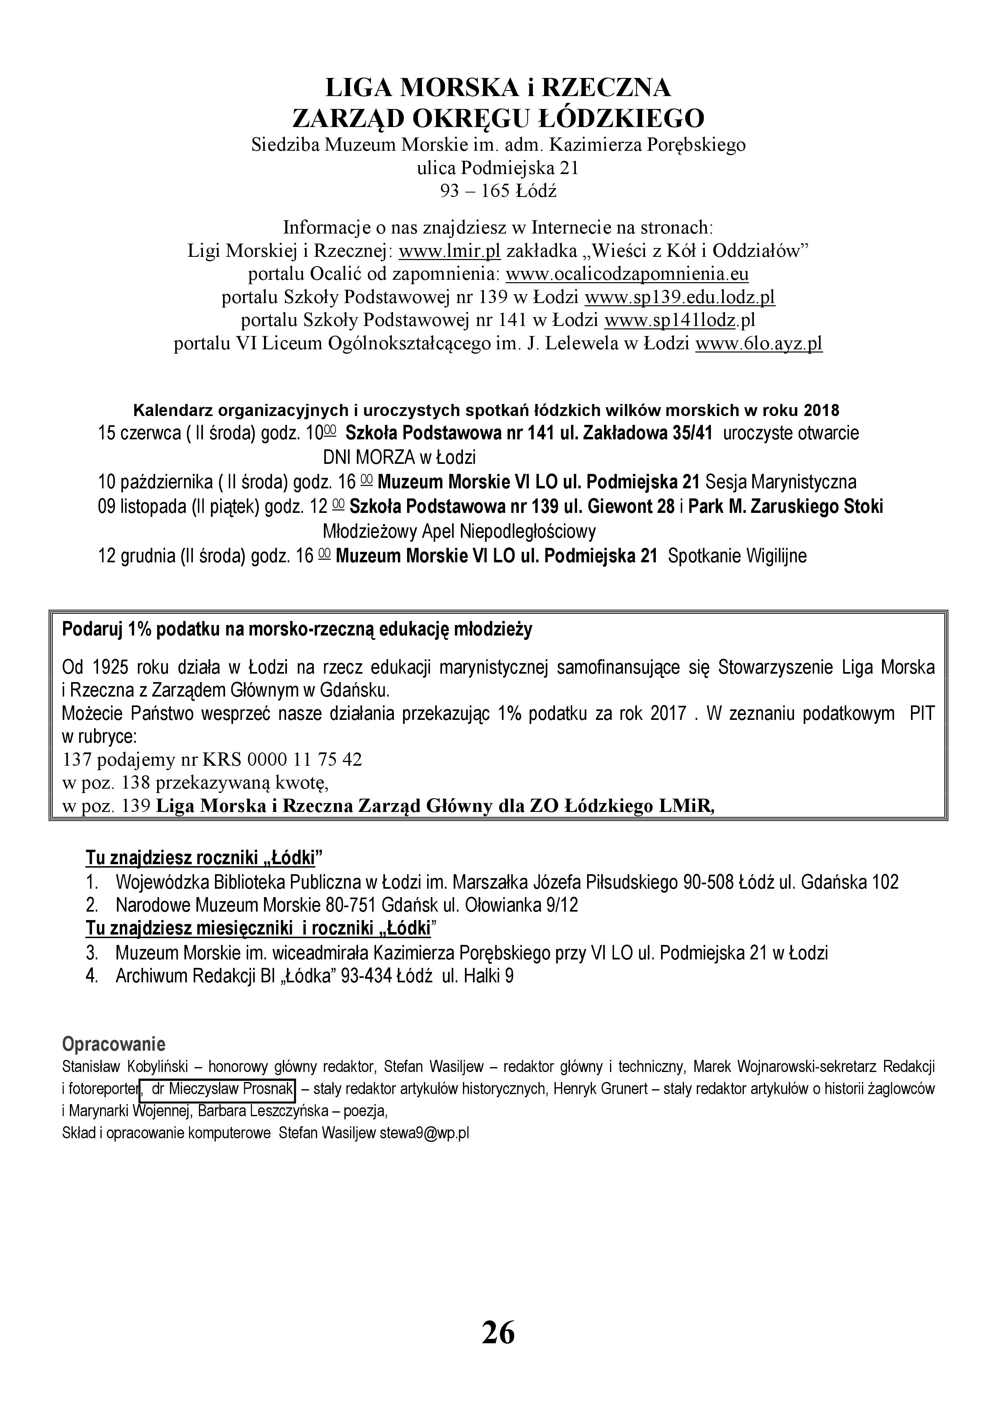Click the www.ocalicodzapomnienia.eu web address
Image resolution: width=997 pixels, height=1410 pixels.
pos(627,274)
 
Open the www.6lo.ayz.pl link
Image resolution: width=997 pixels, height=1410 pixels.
pos(758,343)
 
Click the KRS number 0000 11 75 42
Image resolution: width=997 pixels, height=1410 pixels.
pos(305,760)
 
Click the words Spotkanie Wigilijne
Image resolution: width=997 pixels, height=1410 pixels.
pos(737,556)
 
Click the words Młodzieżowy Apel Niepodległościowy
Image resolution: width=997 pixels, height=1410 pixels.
pos(459,531)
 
